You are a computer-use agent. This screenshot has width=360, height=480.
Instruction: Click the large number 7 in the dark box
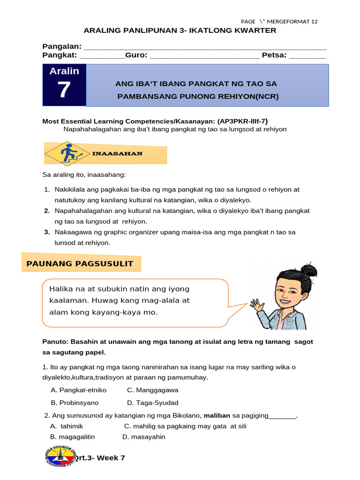tap(64, 90)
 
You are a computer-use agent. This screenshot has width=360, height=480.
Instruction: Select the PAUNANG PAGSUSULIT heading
tap(80, 263)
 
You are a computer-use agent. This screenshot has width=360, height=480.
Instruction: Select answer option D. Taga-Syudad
tap(152, 403)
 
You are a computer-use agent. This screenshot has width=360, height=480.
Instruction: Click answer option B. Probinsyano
tap(75, 403)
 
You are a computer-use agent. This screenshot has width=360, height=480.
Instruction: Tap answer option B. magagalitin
tap(72, 437)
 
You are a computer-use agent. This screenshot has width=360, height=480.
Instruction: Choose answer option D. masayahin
tap(143, 437)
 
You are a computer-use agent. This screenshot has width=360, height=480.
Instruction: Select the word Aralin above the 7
tap(64, 71)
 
